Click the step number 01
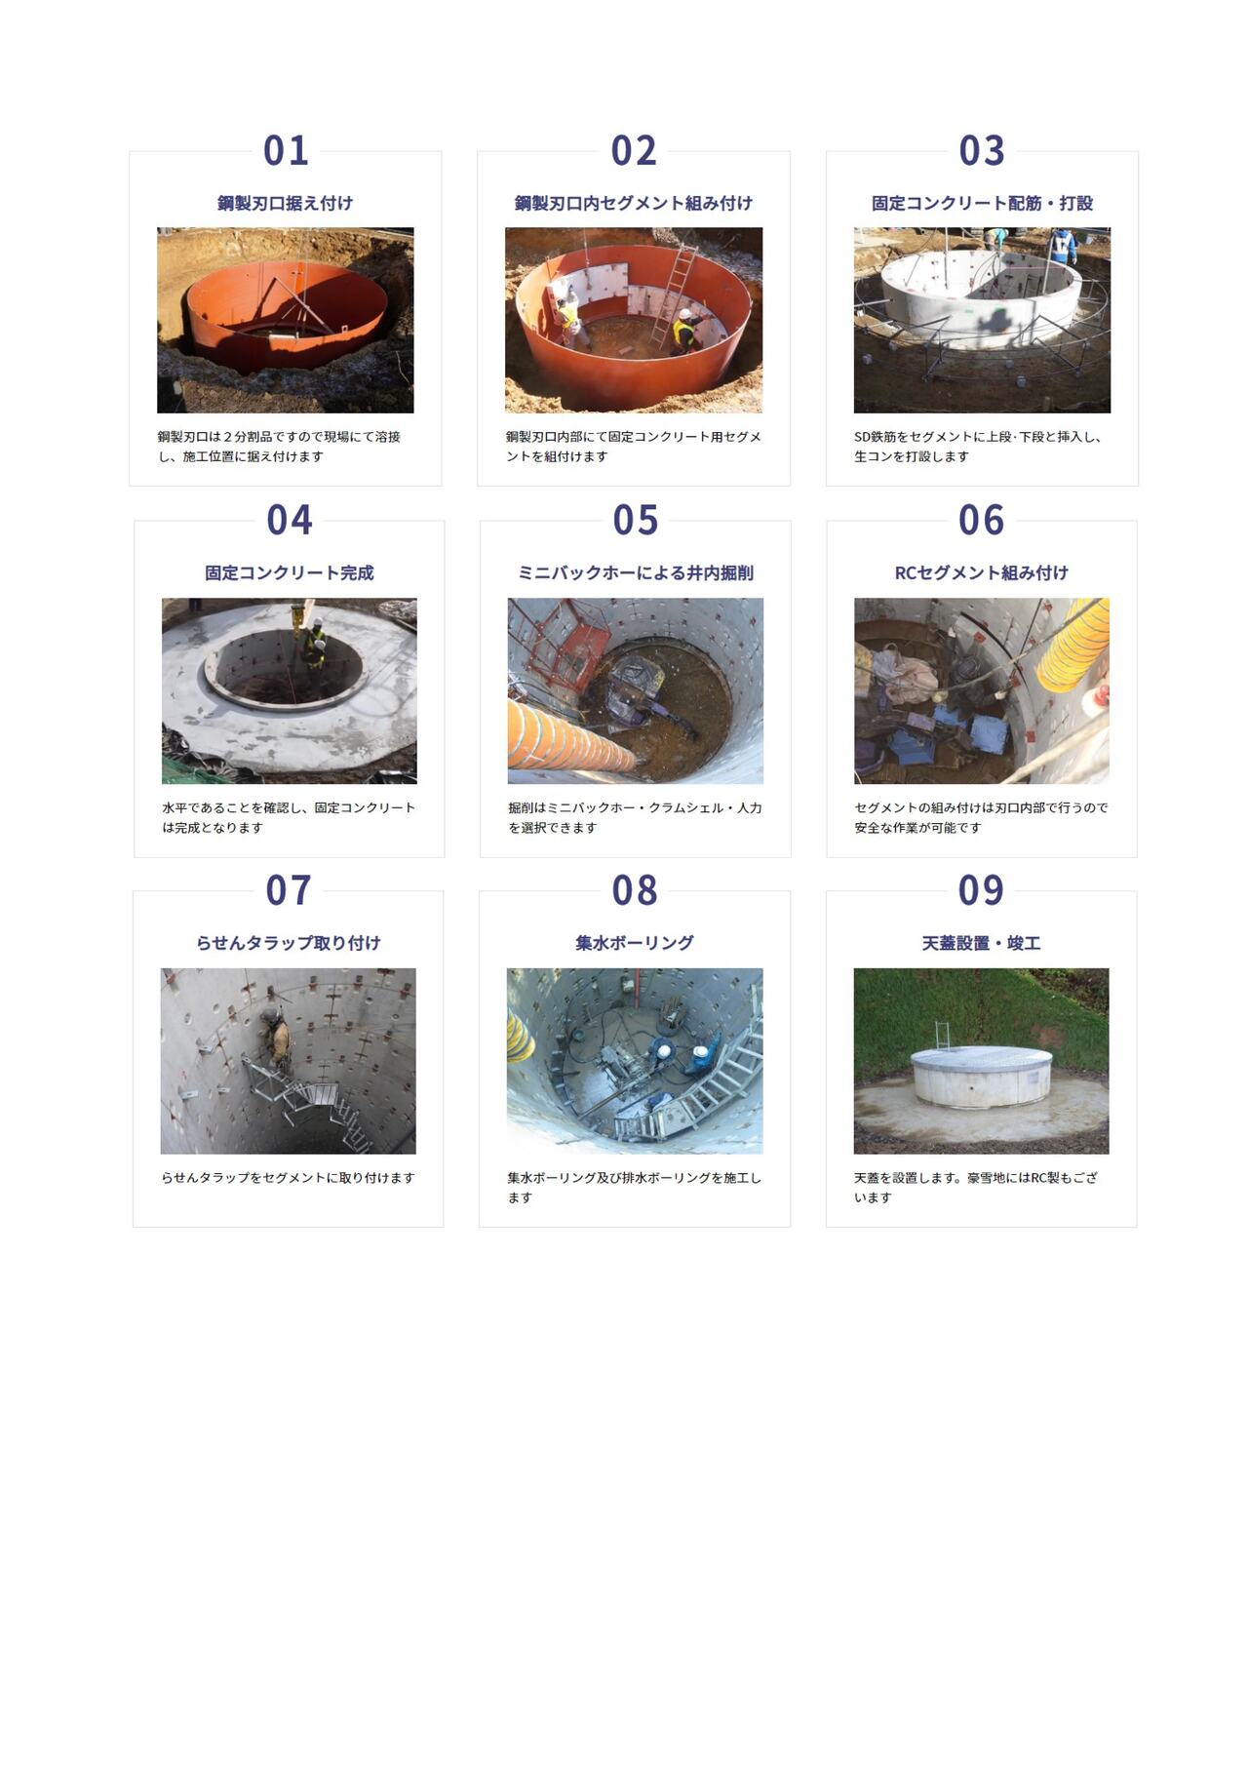[286, 151]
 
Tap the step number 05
[636, 521]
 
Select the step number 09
[981, 890]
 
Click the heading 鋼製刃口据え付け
[285, 203]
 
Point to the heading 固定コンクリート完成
[290, 572]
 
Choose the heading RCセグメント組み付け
[981, 572]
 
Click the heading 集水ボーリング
[635, 943]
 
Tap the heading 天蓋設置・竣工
[981, 943]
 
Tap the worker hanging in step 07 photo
[276, 1036]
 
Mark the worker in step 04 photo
[315, 645]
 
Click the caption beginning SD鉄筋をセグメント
[978, 447]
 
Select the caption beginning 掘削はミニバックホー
[635, 817]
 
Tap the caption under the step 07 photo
[288, 1178]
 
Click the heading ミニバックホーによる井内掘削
[636, 572]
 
